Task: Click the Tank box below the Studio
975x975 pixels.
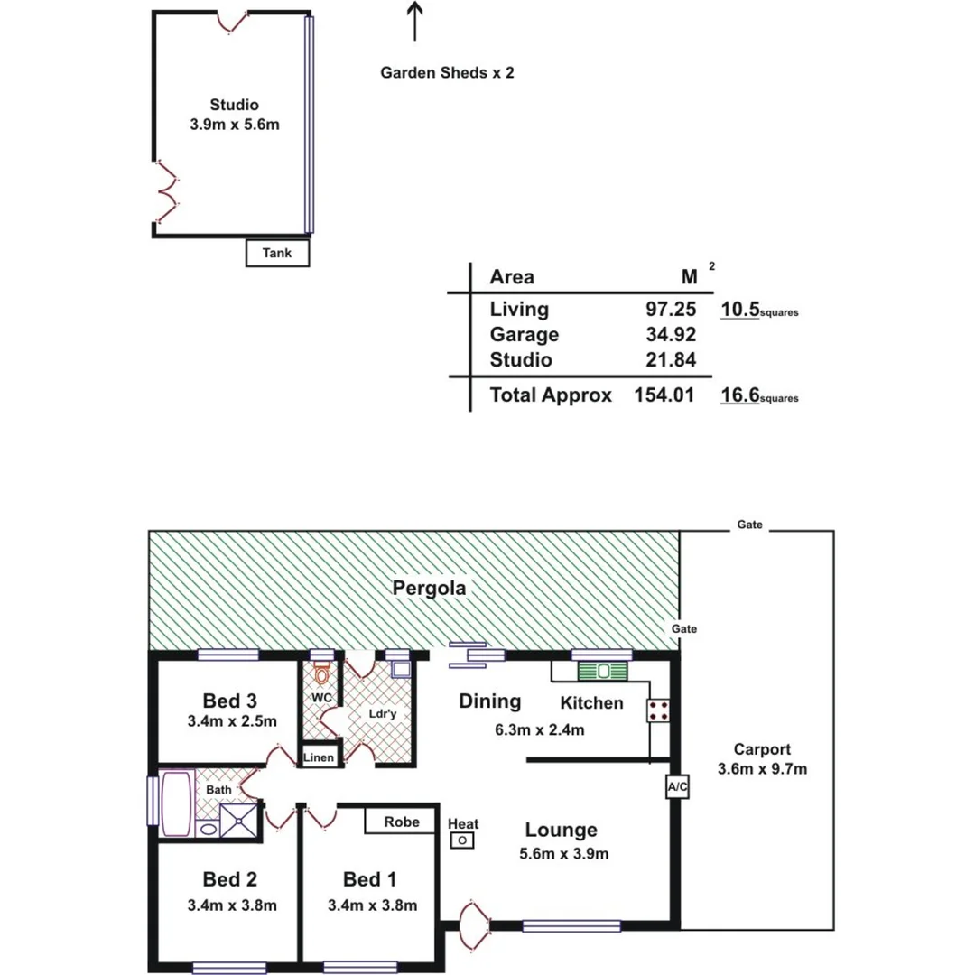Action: (x=277, y=254)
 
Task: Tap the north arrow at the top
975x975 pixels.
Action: (x=414, y=22)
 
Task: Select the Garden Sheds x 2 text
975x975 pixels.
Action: (x=447, y=73)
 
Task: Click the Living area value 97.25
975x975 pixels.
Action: (x=669, y=310)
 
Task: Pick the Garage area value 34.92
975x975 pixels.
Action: (x=669, y=335)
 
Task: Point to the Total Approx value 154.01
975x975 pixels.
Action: (x=664, y=395)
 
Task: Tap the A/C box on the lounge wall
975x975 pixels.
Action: (x=677, y=787)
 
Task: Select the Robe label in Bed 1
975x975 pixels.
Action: (x=401, y=822)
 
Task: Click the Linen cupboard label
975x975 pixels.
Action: (x=320, y=757)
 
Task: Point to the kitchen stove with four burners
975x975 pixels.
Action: (x=658, y=710)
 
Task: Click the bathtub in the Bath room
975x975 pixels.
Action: (x=176, y=803)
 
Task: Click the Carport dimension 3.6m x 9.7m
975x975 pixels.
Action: (x=762, y=770)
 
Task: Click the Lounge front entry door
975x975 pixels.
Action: (x=475, y=925)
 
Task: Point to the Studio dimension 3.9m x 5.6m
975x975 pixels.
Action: (x=235, y=125)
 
